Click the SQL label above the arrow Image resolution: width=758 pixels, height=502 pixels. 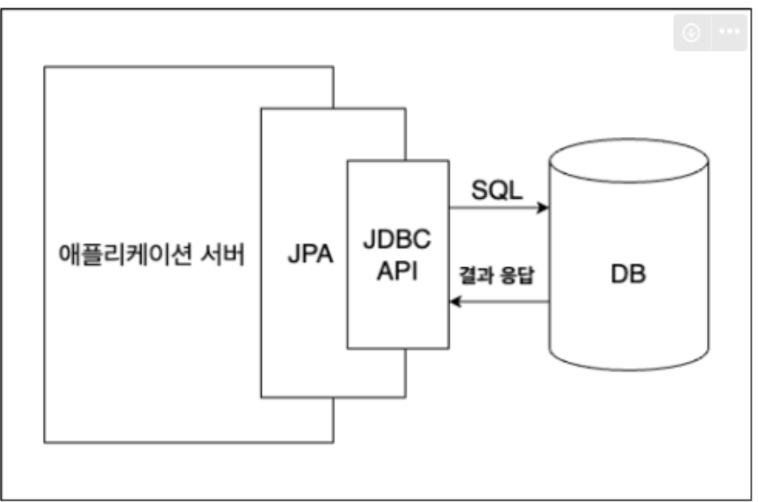tap(497, 190)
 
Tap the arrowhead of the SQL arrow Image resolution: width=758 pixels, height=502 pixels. tap(544, 207)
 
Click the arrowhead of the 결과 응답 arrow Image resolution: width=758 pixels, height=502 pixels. tap(455, 302)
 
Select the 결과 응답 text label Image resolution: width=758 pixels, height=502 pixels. tap(496, 275)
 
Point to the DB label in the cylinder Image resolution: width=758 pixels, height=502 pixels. tap(628, 274)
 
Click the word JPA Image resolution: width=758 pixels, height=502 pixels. tap(310, 254)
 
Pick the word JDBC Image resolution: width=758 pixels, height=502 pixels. tap(397, 239)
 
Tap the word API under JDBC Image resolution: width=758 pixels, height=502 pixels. tap(397, 271)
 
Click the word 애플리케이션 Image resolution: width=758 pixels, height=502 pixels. tap(126, 254)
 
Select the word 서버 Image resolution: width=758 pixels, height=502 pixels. tap(223, 254)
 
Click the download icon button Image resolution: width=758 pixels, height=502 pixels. tap(692, 33)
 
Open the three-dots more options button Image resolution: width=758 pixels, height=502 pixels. tap(730, 32)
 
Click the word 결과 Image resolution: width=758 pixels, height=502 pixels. tap(476, 275)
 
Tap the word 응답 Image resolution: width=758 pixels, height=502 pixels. tap(517, 275)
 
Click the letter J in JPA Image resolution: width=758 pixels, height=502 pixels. tap(294, 254)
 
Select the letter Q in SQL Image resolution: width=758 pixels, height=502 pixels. tap(497, 190)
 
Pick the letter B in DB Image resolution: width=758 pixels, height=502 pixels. tap(638, 274)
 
